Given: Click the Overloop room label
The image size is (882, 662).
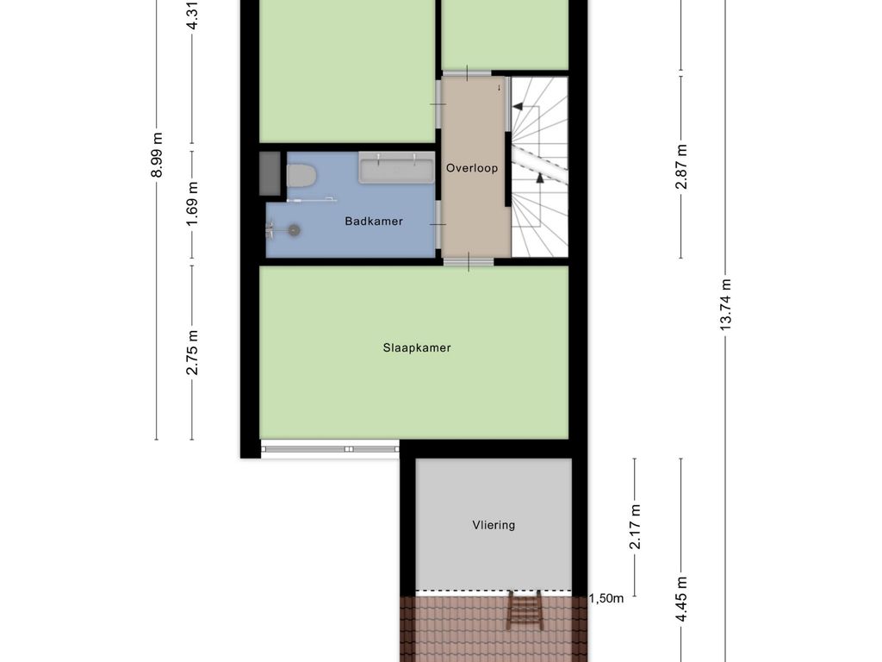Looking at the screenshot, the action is click(x=471, y=168).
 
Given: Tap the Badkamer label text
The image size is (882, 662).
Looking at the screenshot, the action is click(x=374, y=222).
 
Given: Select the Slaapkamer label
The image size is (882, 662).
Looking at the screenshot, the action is click(x=417, y=348).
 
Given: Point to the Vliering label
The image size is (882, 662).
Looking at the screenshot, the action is click(x=494, y=525).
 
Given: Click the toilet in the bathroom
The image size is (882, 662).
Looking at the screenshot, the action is click(x=301, y=175).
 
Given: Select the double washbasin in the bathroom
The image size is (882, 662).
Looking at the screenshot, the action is click(x=396, y=168).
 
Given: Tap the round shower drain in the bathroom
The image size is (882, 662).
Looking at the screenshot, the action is click(x=294, y=229).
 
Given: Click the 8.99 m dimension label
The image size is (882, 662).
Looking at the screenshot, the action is click(x=157, y=155).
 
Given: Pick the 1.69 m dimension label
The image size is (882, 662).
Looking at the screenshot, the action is click(x=192, y=203).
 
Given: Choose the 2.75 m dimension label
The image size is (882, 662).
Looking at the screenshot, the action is click(x=192, y=353).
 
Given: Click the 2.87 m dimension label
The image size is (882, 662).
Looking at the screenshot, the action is click(x=681, y=166).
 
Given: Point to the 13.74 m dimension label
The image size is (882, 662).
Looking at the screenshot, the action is click(x=725, y=304).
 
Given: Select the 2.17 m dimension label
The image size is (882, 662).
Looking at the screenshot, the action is click(x=635, y=527).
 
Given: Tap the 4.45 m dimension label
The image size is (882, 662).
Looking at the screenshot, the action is click(x=681, y=599).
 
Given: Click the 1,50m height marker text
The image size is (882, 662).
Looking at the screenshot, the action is click(x=606, y=598).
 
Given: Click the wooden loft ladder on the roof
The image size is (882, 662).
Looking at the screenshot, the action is click(x=525, y=610).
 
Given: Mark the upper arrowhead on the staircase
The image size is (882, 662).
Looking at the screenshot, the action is click(x=518, y=106).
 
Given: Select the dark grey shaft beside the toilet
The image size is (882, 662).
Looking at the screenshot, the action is click(x=270, y=173).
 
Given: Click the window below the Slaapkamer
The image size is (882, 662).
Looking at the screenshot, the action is click(x=330, y=448).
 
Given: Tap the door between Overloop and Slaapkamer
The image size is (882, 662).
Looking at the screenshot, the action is click(x=469, y=262).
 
